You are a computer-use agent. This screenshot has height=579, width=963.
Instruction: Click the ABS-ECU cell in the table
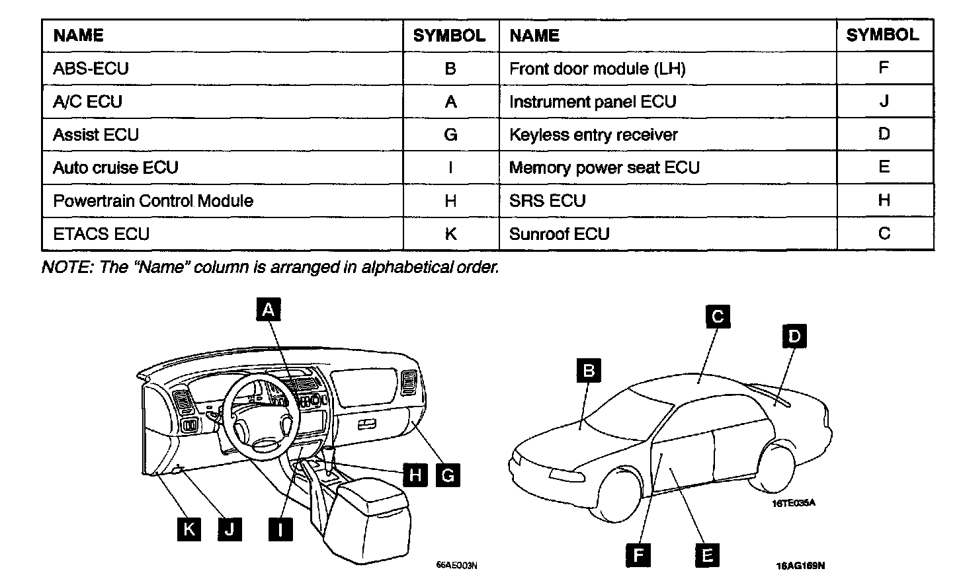click(x=91, y=68)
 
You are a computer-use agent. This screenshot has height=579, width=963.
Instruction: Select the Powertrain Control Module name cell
click(x=153, y=200)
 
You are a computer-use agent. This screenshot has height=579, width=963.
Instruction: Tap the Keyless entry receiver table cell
click(x=593, y=135)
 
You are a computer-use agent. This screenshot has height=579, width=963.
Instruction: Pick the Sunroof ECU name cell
click(x=559, y=234)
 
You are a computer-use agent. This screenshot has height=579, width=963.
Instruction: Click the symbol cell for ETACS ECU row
click(x=450, y=234)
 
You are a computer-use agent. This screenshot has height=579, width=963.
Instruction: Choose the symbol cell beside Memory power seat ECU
click(x=884, y=167)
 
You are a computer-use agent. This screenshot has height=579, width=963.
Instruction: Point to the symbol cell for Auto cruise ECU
click(x=450, y=167)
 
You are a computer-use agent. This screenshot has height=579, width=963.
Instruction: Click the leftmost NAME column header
click(x=78, y=35)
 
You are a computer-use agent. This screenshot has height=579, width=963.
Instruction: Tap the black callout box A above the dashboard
click(x=268, y=309)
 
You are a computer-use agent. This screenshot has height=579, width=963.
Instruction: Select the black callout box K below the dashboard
click(x=189, y=529)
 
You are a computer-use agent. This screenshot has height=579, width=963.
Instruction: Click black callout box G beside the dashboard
click(x=448, y=475)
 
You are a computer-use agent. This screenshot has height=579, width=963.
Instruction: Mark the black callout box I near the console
click(x=281, y=529)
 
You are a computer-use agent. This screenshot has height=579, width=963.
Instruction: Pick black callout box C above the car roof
click(x=717, y=316)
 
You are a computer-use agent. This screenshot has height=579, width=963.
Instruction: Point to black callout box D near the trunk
click(x=794, y=336)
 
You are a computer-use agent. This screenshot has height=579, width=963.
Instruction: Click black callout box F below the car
click(x=638, y=555)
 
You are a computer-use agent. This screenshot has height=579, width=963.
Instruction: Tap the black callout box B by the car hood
click(x=588, y=370)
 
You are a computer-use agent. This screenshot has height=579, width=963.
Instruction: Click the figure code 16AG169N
click(x=800, y=566)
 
